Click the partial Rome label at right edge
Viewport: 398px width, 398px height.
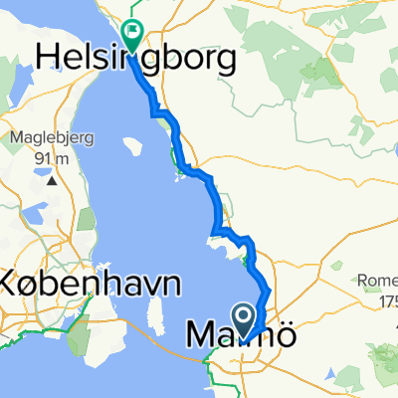[382, 281]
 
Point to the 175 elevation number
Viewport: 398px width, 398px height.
[386, 298]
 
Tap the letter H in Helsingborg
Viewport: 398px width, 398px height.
[48, 58]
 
